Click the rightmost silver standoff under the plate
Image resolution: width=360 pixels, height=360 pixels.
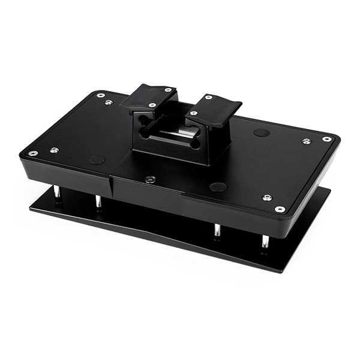click(265, 241)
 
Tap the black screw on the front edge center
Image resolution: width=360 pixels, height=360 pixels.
click(150, 179)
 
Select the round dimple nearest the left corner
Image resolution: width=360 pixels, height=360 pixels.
click(97, 160)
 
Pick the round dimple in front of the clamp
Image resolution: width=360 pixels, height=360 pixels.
click(218, 187)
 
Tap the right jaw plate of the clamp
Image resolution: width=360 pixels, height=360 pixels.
click(213, 109)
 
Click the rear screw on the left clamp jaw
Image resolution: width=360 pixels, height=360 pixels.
click(168, 90)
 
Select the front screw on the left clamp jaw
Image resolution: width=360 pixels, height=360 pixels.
click(153, 105)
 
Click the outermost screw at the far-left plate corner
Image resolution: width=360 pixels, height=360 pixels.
click(33, 153)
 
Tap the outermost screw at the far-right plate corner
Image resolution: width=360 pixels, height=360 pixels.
click(326, 139)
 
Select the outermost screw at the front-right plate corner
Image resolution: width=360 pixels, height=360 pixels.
click(280, 209)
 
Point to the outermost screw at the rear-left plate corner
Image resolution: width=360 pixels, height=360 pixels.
click(100, 95)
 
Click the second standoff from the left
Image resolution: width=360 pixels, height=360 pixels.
click(98, 202)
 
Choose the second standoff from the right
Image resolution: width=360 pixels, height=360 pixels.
click(217, 230)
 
